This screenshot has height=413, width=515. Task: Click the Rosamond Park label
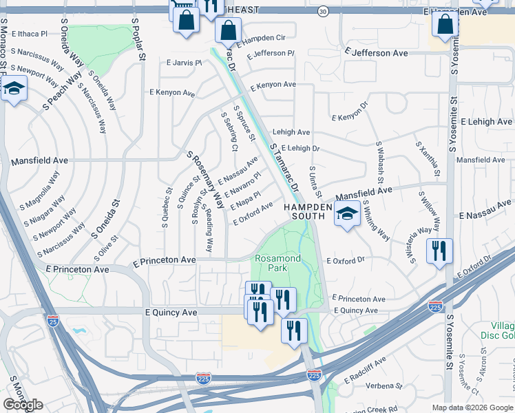(277, 262)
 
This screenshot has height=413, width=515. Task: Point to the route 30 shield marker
(323, 12)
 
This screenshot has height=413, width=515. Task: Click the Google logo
(23, 405)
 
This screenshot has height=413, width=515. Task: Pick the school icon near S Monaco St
(13, 89)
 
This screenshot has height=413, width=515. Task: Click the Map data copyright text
(472, 407)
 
